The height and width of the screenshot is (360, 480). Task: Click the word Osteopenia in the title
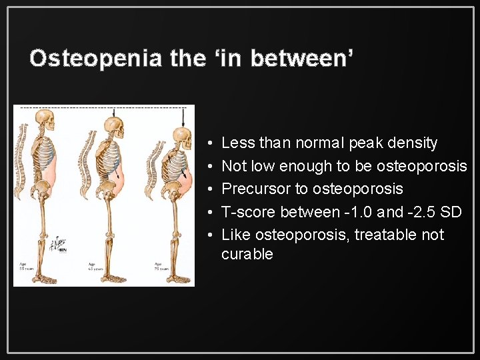[96, 59]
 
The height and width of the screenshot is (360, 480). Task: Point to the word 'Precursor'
[255, 189]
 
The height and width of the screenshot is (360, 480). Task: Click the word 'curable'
[247, 254]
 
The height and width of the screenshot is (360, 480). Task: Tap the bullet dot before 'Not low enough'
[209, 166]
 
